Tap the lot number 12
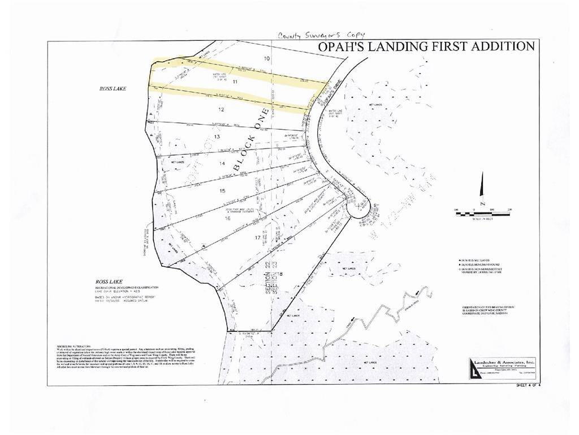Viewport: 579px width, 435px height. point(222,109)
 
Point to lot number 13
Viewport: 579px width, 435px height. point(216,137)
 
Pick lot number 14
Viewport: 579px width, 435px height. point(222,164)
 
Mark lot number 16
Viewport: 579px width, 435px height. point(227,217)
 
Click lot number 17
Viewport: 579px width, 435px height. point(258,238)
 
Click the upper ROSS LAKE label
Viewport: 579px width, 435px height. point(113,89)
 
